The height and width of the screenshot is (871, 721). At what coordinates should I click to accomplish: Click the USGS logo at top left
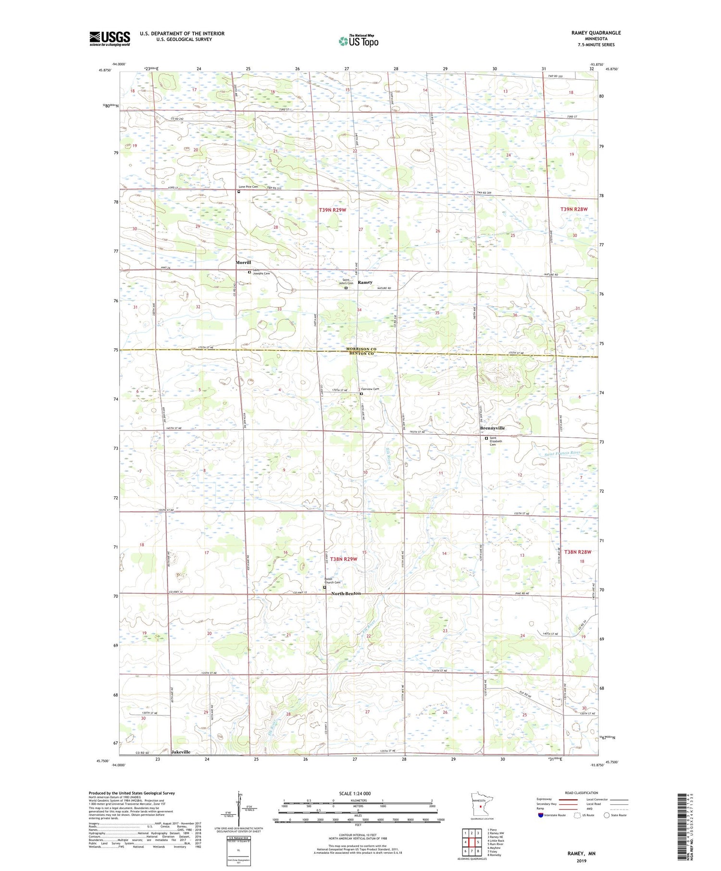pos(110,38)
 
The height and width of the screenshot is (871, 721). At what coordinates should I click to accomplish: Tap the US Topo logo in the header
pos(358,41)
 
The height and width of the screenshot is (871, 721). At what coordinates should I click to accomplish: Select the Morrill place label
pos(243,263)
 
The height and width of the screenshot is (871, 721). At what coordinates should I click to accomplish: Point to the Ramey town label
pos(365,282)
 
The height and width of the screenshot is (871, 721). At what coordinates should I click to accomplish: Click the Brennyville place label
pos(492,428)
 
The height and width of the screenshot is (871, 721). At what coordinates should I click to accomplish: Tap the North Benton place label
pos(346,594)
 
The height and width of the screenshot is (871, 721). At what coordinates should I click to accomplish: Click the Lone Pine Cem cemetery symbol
pos(239,192)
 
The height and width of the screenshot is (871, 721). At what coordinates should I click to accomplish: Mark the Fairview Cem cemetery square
pos(361,394)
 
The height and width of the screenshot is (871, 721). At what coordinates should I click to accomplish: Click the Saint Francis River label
pos(562,453)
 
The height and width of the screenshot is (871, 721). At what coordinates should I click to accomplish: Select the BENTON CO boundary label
pos(361,354)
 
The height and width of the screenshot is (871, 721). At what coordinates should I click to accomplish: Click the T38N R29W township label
pos(344,559)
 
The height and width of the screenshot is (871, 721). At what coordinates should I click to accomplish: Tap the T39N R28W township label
pos(574,209)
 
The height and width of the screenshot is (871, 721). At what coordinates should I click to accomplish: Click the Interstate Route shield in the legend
pos(541,815)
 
